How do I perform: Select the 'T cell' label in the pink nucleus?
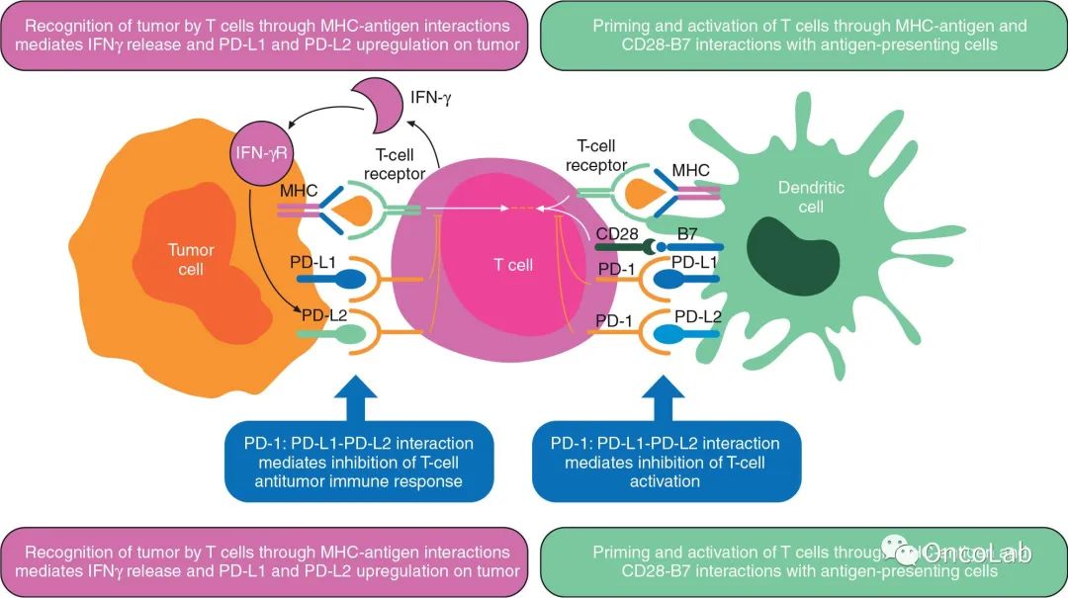coord(513,265)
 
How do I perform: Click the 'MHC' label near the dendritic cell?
coord(690,170)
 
